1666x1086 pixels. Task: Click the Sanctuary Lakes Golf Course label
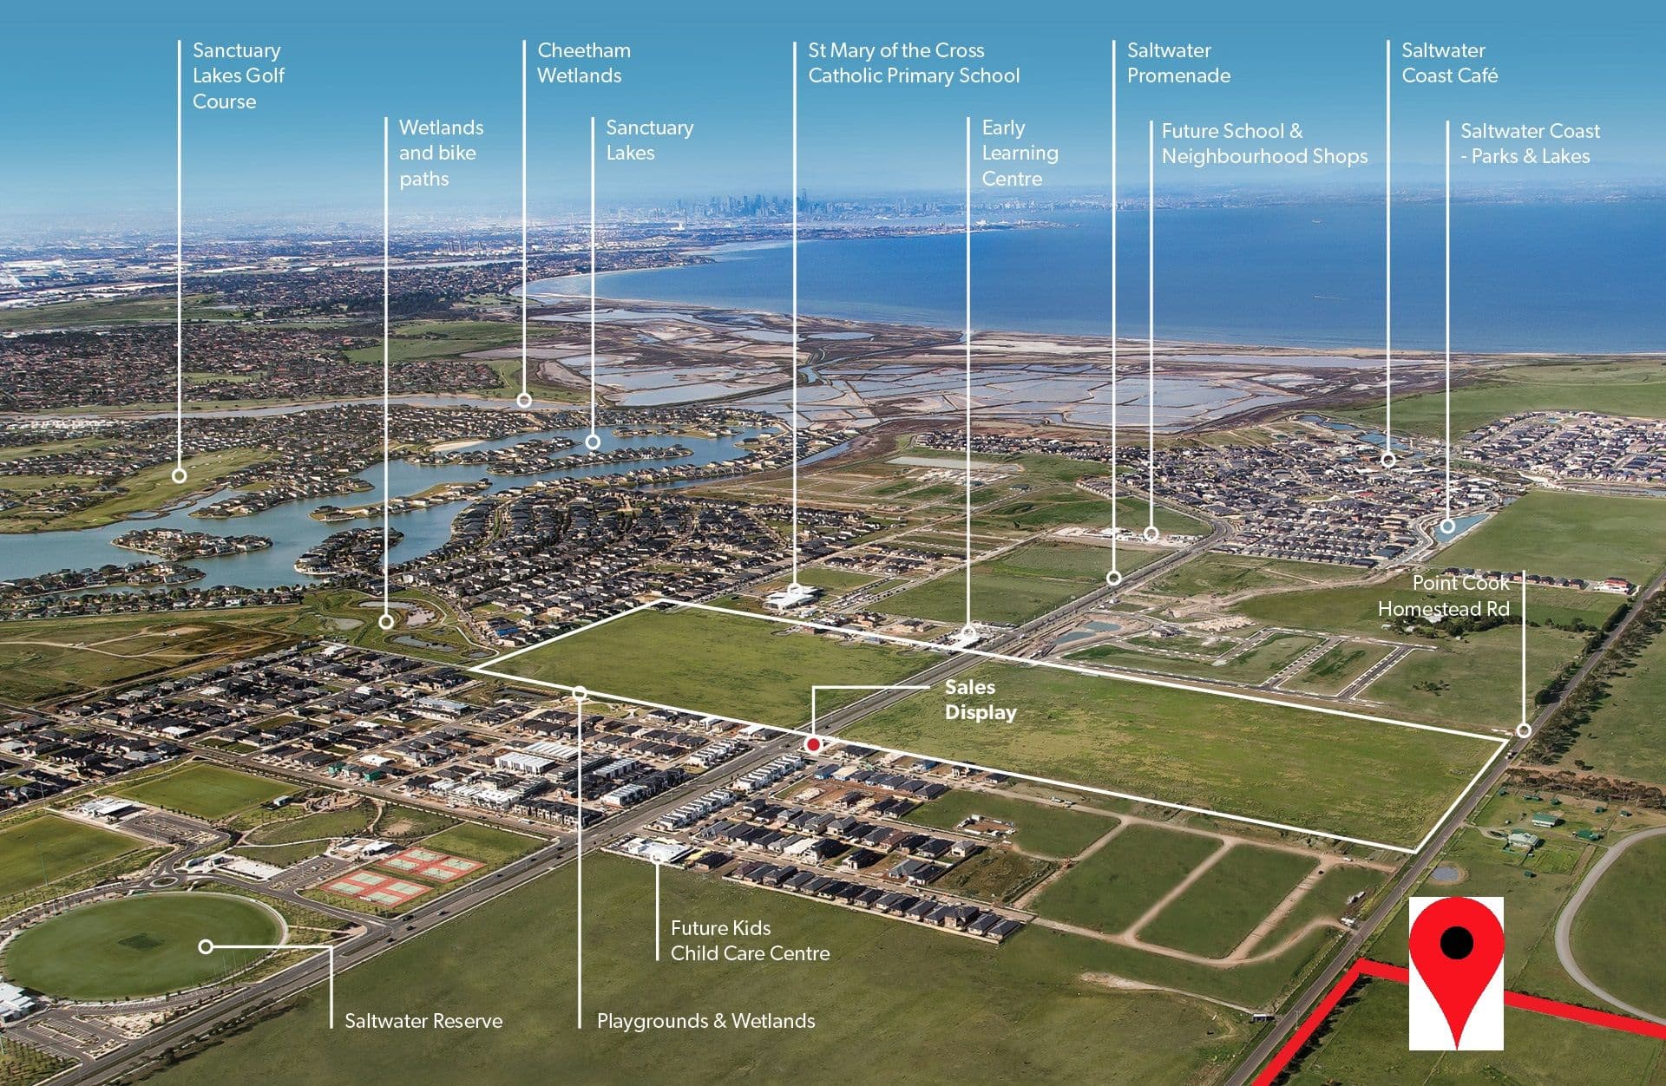click(239, 75)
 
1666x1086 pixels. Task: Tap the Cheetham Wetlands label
click(584, 62)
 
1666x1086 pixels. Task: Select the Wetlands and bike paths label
click(441, 153)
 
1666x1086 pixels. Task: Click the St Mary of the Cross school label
click(914, 62)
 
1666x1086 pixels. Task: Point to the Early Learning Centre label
click(1020, 153)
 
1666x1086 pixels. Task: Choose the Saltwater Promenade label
click(1178, 62)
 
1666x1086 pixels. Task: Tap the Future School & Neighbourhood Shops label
click(1264, 143)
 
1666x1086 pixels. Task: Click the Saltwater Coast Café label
click(1449, 62)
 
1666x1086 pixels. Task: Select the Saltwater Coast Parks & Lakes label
click(1530, 143)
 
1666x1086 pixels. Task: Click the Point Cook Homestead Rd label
click(1444, 596)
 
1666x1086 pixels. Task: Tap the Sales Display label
click(981, 699)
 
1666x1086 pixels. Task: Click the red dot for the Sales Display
click(813, 744)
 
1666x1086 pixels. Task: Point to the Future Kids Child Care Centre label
click(750, 940)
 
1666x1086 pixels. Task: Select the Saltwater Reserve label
click(423, 1021)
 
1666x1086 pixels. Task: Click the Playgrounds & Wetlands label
click(705, 1021)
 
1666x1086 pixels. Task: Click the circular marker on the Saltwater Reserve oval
click(206, 946)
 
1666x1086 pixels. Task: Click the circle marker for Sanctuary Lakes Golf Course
click(180, 475)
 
